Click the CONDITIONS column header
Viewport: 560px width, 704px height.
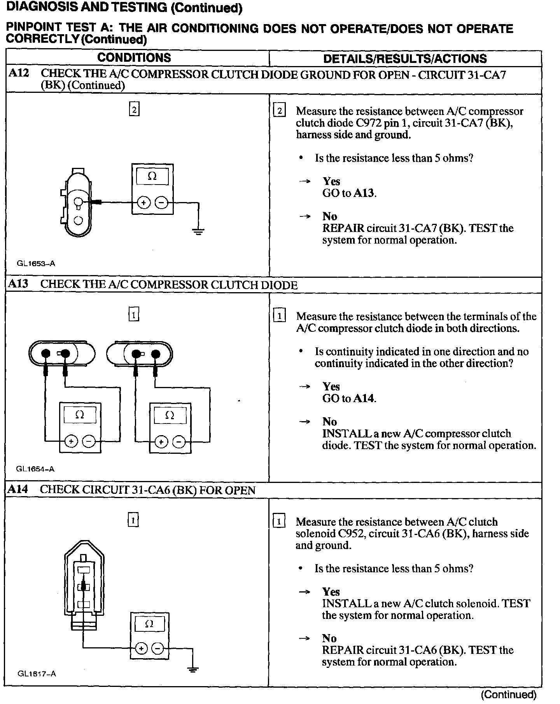coord(134,58)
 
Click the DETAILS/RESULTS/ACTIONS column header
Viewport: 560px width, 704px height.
coord(405,59)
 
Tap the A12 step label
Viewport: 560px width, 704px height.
coord(19,73)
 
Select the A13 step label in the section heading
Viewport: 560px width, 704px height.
coord(18,284)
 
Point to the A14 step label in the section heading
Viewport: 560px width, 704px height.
coord(18,489)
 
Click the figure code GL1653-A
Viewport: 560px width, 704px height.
coord(36,263)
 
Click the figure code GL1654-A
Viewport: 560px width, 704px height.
coord(35,469)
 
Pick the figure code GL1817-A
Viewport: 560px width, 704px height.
coord(37,674)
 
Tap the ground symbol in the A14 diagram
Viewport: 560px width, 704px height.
coord(192,669)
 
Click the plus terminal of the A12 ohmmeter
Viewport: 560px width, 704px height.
coord(143,203)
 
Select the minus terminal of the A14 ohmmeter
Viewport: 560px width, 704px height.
coord(157,648)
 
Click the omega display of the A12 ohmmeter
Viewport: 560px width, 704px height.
coord(152,177)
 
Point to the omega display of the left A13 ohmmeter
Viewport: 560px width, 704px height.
coord(80,415)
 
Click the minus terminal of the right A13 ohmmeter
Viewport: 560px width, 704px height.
coord(179,442)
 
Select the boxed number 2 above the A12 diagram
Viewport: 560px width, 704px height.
coord(134,110)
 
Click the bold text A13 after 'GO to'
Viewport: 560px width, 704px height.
coord(364,193)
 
